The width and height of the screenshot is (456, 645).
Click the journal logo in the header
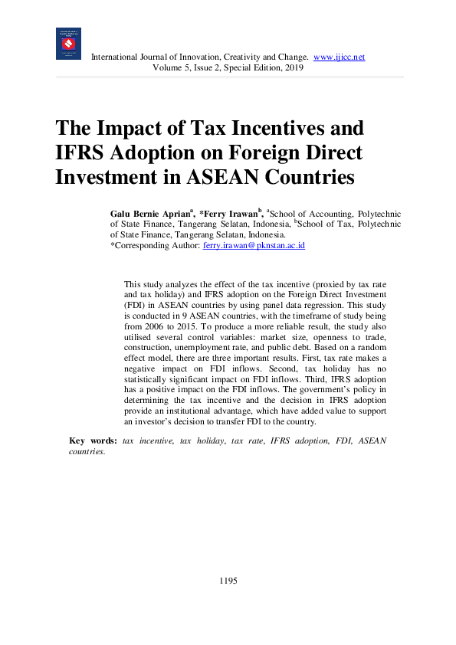point(68,44)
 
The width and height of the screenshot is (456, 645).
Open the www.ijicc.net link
point(340,57)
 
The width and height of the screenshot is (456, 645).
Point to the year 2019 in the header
point(294,67)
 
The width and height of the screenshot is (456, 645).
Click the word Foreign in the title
point(251,152)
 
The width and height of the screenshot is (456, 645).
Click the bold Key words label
point(93,440)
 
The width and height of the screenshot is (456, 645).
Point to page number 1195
point(228,581)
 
